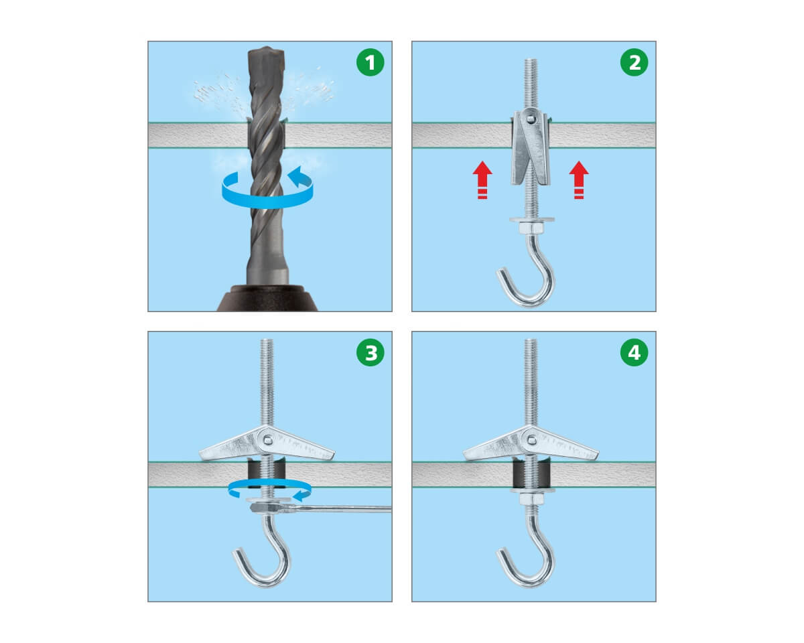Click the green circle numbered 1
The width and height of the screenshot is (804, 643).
click(x=370, y=62)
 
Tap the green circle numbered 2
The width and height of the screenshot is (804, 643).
click(x=634, y=62)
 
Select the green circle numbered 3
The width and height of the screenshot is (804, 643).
click(x=370, y=352)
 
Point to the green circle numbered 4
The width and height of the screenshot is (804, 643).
click(x=634, y=352)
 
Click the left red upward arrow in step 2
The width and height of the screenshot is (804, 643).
click(x=482, y=180)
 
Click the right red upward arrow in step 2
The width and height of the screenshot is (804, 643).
click(x=579, y=180)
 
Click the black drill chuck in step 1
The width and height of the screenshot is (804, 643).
click(x=267, y=298)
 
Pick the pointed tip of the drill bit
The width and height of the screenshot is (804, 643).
click(x=266, y=47)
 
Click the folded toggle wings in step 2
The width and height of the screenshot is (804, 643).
click(x=531, y=147)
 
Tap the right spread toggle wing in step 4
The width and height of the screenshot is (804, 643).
click(x=567, y=445)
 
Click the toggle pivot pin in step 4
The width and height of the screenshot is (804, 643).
click(x=531, y=441)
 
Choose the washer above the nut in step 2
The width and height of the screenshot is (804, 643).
click(x=531, y=219)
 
